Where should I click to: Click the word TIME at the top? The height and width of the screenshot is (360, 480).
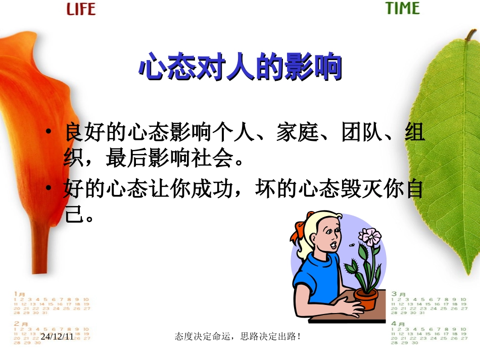[x=402, y=9]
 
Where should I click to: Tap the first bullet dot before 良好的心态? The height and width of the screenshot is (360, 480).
[x=49, y=132]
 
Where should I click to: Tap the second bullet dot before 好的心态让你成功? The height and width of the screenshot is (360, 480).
[x=49, y=188]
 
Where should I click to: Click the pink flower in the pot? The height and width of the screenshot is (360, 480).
[x=369, y=237]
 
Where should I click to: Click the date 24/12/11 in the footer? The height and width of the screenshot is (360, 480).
[x=57, y=336]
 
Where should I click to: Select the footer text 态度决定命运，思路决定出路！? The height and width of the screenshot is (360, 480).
[x=237, y=336]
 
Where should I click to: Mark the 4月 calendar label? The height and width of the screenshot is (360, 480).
[x=399, y=324]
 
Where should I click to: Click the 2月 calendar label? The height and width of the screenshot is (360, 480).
[x=20, y=323]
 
